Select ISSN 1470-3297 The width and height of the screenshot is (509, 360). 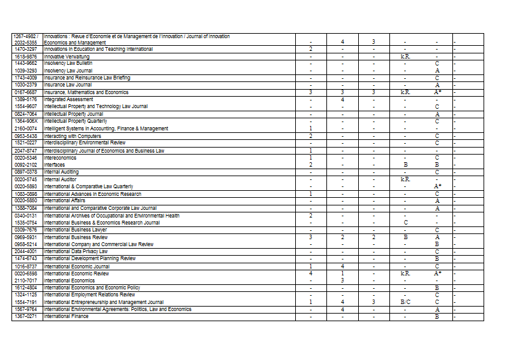pyautogui.click(x=26, y=49)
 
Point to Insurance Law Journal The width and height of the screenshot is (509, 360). pyautogui.click(x=68, y=85)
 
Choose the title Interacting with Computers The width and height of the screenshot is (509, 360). pyautogui.click(x=73, y=136)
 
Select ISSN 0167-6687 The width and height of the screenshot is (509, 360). pyautogui.click(x=26, y=92)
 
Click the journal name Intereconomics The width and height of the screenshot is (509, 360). pyautogui.click(x=60, y=158)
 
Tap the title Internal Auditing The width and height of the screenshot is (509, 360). pyautogui.click(x=62, y=172)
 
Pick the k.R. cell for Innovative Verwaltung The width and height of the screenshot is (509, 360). pyautogui.click(x=405, y=57)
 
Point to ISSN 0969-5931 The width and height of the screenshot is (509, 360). pyautogui.click(x=26, y=237)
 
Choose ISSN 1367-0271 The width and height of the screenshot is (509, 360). pyautogui.click(x=26, y=316)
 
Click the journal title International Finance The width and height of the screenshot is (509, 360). pyautogui.click(x=66, y=316)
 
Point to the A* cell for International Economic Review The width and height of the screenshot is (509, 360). pyautogui.click(x=438, y=273)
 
